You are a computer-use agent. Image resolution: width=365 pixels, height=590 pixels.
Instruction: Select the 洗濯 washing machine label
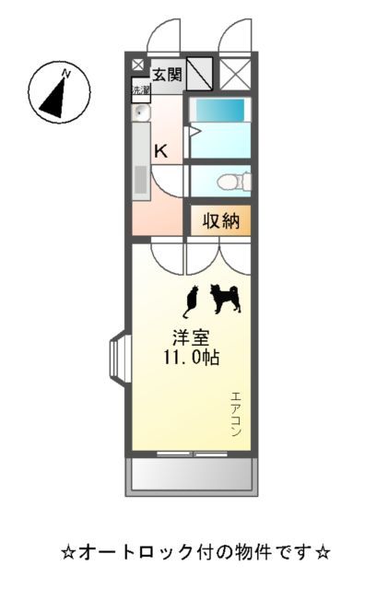(x=140, y=90)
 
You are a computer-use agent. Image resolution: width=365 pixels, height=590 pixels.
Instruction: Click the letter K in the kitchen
(x=160, y=150)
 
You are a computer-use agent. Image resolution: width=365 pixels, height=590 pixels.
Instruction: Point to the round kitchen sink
(x=141, y=113)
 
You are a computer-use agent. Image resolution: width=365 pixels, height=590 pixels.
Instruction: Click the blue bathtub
(x=219, y=111)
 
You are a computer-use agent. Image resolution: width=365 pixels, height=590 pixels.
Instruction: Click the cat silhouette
(x=192, y=299)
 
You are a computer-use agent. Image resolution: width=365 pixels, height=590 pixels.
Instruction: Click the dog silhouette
(x=225, y=298)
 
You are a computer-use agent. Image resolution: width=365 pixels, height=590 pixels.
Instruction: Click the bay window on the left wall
(x=120, y=355)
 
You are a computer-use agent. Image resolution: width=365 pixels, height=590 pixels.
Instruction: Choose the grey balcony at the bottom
(x=191, y=475)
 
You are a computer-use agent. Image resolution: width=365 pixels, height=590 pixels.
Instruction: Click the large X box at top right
(x=235, y=73)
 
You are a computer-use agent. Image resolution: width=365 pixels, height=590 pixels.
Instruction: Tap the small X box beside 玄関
(x=138, y=65)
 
